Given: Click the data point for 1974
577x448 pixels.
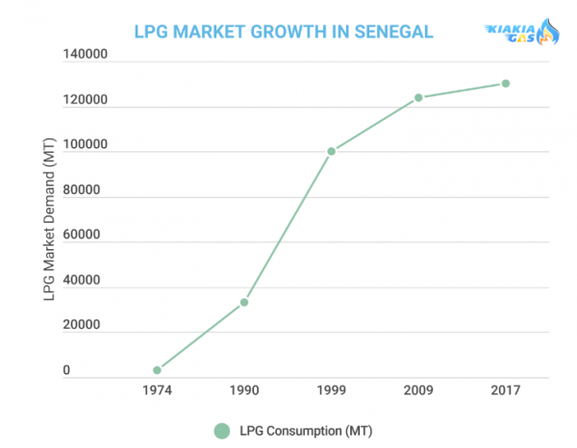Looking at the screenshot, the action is point(157,370).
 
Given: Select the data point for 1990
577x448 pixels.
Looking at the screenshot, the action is point(244,302).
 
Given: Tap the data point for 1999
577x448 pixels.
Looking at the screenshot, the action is point(332,151).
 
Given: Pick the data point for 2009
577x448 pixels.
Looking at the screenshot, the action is point(418,98).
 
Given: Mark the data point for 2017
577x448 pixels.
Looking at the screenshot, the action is point(506,84).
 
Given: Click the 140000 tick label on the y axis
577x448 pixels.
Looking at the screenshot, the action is point(85,54).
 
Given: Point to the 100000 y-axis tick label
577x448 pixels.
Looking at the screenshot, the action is point(85,144).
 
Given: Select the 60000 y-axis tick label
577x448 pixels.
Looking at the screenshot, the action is point(82,235).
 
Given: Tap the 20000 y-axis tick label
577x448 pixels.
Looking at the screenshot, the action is point(82,324).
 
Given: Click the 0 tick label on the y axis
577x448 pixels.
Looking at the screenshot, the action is point(66,370).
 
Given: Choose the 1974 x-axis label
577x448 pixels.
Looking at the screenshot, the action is point(157,390).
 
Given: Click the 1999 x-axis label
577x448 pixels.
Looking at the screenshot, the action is point(332,390).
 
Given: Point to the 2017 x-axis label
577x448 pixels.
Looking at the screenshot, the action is point(506,390).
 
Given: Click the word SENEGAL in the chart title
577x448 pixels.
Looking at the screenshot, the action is point(393,32).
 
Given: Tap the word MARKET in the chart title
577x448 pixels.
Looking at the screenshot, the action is point(209,32).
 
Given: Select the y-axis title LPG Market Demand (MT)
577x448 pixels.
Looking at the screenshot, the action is point(49,219).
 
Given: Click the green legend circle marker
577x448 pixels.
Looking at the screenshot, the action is point(222,431).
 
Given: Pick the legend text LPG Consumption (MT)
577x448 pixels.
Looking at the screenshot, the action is point(306,431).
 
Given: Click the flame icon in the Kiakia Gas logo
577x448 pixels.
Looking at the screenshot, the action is point(547,32).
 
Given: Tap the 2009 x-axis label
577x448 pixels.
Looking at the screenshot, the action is point(418,390).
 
